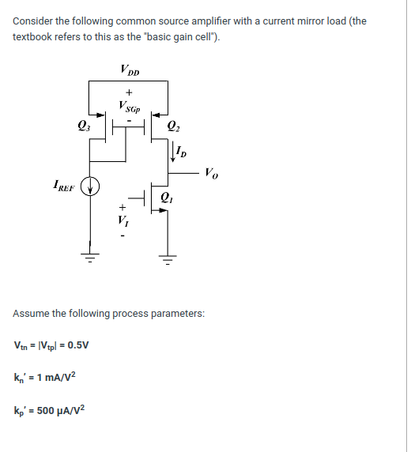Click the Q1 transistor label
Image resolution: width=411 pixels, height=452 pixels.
point(165,197)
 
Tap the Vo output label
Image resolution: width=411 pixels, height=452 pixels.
point(212,171)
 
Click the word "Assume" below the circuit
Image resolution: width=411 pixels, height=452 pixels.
point(32,314)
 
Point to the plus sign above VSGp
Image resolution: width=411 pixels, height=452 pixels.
point(128,93)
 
